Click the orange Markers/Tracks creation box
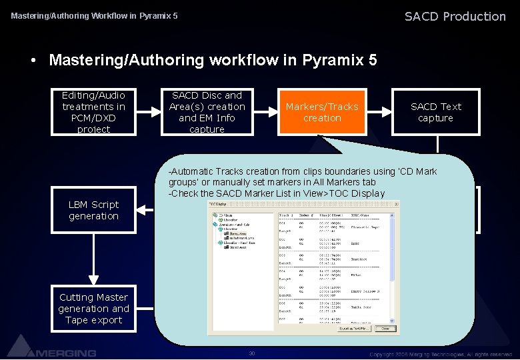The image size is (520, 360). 322,112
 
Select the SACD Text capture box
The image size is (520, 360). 435,112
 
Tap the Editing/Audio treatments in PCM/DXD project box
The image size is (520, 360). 93,112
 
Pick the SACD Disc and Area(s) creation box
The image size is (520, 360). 207,112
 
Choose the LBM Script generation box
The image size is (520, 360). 93,211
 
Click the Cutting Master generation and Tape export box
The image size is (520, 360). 93,309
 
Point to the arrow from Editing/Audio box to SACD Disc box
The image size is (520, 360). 147,112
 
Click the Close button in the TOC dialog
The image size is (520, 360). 385,329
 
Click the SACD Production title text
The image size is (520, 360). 455,16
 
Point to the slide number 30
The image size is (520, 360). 251,353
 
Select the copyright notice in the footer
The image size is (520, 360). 440,353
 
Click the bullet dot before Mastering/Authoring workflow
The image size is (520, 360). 33,61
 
